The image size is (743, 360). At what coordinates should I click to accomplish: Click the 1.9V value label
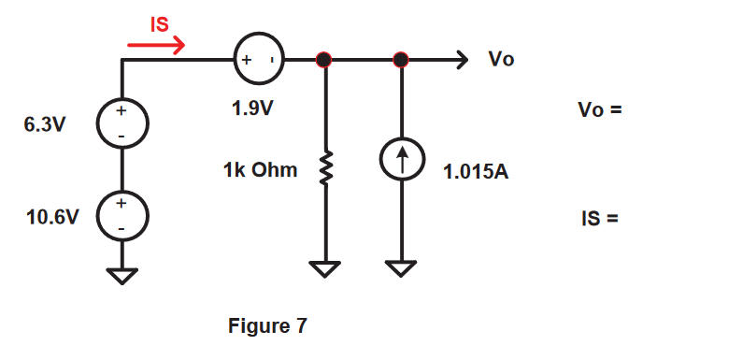point(252,108)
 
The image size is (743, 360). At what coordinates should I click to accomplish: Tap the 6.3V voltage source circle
point(121,123)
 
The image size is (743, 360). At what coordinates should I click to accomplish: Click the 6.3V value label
point(45,124)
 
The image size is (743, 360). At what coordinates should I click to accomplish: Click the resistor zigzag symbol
point(325,170)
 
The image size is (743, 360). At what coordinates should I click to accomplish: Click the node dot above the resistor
point(324,61)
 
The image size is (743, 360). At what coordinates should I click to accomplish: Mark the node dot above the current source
point(401,61)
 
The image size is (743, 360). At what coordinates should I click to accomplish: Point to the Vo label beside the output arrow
point(500,60)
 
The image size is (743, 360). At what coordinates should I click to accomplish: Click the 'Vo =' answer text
point(599,109)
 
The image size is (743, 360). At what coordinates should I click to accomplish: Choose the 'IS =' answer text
point(599,221)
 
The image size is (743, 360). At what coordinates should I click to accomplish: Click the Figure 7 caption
point(267,326)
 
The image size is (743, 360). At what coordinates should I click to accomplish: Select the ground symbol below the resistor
point(325,270)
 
